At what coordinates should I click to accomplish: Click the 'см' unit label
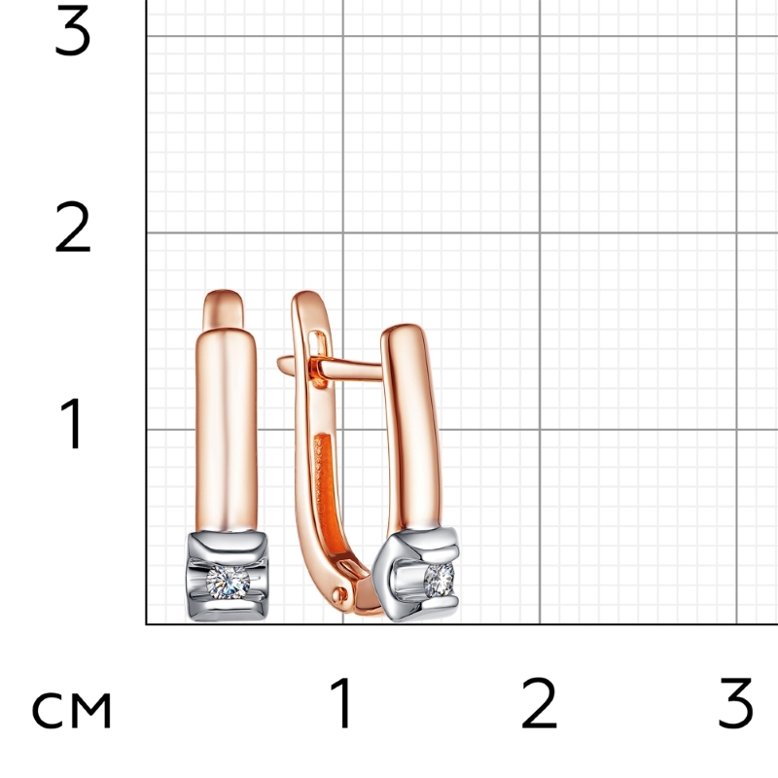72,710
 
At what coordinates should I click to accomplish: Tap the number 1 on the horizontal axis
341,703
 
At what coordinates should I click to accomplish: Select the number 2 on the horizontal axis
540,703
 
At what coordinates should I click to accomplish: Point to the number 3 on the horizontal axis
736,703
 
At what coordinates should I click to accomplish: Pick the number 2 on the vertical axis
72,227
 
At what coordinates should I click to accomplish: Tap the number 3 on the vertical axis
72,30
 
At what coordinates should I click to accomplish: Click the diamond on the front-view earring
228,581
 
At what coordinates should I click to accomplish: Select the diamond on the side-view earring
440,580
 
